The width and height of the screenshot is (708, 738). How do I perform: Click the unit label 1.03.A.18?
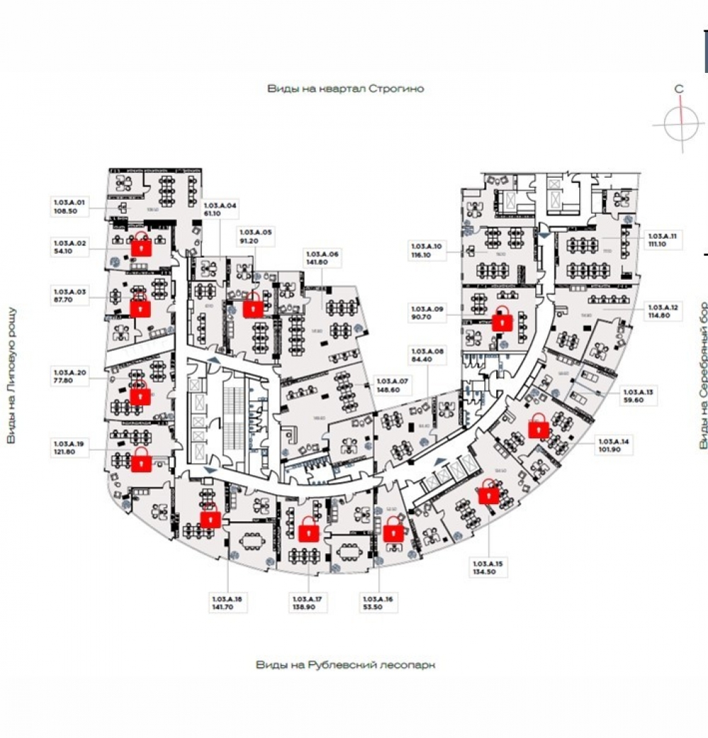[x=227, y=599]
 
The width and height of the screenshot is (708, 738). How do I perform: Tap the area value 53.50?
[x=372, y=607]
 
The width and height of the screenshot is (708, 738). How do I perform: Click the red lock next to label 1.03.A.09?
[x=503, y=321]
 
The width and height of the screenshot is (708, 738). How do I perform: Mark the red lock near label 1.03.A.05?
[x=253, y=307]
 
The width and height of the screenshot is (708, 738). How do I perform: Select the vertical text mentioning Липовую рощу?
[x=11, y=375]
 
